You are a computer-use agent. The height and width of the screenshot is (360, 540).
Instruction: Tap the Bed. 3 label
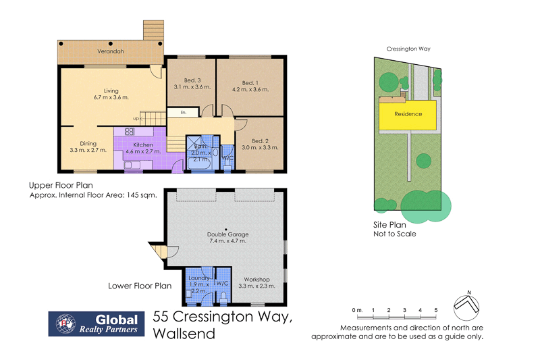click(x=192, y=80)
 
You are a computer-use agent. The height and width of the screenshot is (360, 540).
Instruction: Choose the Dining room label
click(x=88, y=143)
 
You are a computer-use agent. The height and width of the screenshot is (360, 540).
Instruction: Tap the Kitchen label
click(x=142, y=145)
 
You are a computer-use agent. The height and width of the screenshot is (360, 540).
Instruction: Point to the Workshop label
click(x=257, y=280)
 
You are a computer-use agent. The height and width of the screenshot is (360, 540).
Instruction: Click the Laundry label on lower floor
click(x=198, y=278)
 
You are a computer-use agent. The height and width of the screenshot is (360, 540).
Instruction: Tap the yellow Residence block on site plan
click(x=408, y=114)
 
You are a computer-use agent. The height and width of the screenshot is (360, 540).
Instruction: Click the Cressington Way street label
click(x=408, y=49)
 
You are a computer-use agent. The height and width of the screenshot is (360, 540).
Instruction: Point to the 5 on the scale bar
click(x=436, y=310)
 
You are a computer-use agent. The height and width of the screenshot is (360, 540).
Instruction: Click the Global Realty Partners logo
click(x=94, y=324)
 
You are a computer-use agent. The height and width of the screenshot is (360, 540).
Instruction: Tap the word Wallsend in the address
click(x=184, y=334)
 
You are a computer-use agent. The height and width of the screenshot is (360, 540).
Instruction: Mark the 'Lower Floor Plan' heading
click(x=140, y=286)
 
